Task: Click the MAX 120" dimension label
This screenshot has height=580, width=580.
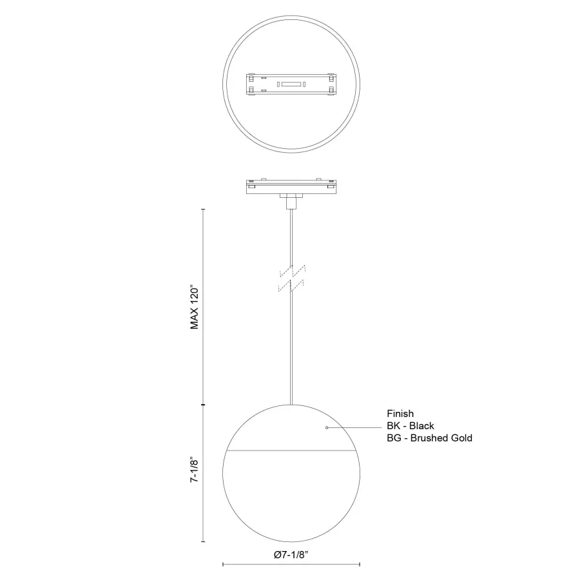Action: click(195, 307)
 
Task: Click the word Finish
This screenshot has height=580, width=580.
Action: click(400, 414)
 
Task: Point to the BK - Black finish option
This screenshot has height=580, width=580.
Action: click(410, 426)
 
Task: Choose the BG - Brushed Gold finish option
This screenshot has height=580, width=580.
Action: click(429, 438)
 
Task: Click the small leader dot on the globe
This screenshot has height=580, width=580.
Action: click(327, 428)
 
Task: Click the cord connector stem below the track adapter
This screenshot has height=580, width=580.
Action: click(291, 203)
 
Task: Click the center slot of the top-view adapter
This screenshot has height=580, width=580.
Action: click(290, 84)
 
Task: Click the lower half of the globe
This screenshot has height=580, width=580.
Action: click(290, 496)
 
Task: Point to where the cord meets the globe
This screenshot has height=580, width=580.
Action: click(291, 405)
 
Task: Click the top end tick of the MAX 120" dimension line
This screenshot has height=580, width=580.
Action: click(204, 209)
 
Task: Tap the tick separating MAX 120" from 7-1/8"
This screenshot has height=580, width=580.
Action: click(204, 405)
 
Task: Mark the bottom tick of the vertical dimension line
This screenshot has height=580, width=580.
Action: click(204, 541)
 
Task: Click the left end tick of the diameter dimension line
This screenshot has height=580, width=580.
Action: click(222, 565)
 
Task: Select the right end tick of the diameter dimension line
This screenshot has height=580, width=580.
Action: click(359, 565)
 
